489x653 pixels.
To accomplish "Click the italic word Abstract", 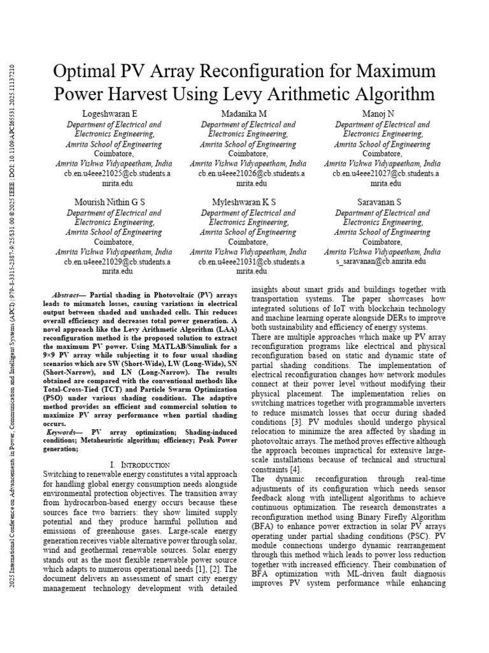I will pyautogui.click(x=66, y=295).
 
